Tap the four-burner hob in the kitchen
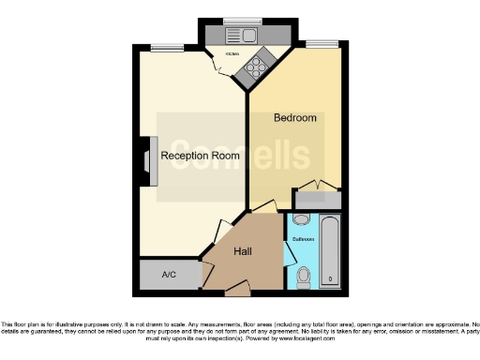click(256, 68)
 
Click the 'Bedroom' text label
click(294, 118)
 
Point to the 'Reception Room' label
click(199, 156)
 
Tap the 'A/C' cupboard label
click(170, 275)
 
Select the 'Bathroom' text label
click(304, 239)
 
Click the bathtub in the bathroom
click(330, 251)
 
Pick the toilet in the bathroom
click(303, 277)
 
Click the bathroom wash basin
click(300, 219)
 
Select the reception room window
click(167, 47)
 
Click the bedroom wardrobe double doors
click(318, 185)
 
